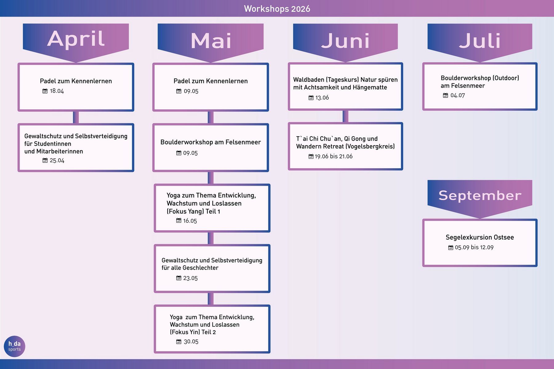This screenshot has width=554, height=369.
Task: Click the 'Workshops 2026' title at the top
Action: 277,9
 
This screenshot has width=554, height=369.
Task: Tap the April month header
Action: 76,39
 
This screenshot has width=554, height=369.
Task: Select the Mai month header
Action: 211,41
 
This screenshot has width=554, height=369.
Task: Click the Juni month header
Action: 345,41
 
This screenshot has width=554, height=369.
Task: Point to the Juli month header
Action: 480,41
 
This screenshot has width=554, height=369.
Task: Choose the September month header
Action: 480,196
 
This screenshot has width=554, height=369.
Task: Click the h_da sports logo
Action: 14,346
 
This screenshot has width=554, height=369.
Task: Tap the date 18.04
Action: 57,91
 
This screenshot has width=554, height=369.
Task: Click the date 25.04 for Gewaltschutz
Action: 57,161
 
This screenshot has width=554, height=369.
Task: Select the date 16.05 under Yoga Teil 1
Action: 190,221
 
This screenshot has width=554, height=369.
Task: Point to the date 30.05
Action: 191,342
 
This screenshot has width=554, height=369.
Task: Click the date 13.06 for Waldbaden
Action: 322,98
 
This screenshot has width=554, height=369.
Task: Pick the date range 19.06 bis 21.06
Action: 334,157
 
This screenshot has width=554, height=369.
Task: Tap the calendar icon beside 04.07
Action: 445,96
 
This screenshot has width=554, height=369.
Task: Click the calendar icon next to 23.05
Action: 179,278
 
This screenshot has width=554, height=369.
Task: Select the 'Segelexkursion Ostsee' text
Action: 480,237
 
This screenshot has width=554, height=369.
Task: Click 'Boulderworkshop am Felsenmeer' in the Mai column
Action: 211,142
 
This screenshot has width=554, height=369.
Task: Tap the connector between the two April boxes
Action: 76,117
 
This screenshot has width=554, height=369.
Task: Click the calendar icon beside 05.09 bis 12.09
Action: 451,248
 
